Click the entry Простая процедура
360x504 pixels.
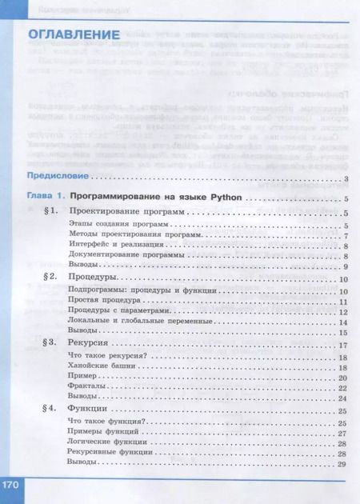pyautogui.click(x=98, y=302)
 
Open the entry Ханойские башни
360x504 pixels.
pyautogui.click(x=96, y=367)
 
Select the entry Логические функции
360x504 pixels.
pyautogui.click(x=104, y=444)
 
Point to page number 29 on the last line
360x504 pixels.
pyautogui.click(x=342, y=464)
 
